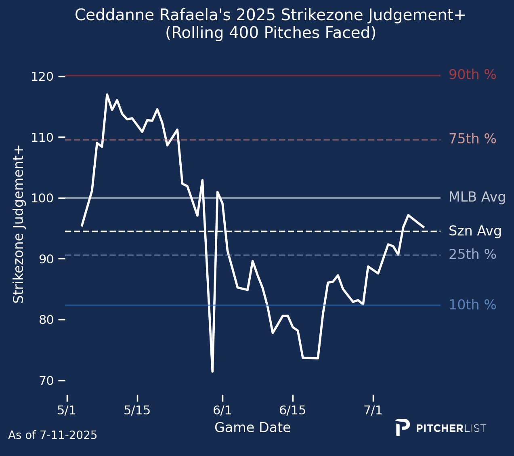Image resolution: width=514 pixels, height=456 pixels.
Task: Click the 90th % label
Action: [472, 75]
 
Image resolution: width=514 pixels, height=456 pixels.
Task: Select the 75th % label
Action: [472, 139]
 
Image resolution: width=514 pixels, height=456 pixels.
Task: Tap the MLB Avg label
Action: [477, 198]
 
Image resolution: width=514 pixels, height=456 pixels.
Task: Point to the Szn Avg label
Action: [475, 232]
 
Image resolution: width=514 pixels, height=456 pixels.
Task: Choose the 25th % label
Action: [472, 255]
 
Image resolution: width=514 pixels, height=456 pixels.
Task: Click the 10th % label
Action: [472, 305]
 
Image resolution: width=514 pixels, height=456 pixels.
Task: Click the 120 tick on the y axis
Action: [42, 76]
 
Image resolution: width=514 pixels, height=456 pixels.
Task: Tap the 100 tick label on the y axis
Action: [42, 198]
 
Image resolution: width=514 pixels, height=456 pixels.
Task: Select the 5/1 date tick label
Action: [67, 411]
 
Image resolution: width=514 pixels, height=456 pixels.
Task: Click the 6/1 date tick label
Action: [222, 411]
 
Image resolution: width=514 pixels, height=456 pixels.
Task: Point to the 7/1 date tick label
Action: [373, 411]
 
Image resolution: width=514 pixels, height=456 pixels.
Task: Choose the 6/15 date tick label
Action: [293, 411]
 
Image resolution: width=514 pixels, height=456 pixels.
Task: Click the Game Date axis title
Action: [252, 428]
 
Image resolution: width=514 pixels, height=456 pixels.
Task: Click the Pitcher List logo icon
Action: [402, 428]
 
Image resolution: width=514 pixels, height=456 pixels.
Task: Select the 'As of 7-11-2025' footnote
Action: [52, 435]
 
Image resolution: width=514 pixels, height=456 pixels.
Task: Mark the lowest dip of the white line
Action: [212, 371]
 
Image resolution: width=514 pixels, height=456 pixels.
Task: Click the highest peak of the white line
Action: [107, 95]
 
